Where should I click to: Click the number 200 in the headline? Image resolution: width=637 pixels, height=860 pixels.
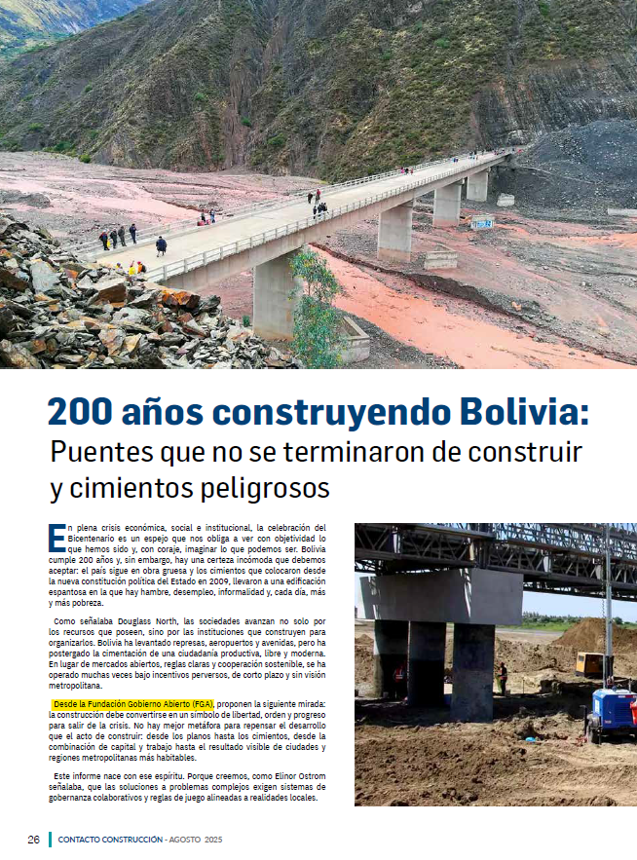click(x=86, y=413)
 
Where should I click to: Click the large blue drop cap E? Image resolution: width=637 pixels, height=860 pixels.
click(x=56, y=536)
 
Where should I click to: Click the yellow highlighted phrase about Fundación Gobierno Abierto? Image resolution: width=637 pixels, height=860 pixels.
click(x=133, y=703)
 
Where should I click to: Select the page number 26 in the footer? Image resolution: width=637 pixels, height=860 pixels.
click(x=33, y=839)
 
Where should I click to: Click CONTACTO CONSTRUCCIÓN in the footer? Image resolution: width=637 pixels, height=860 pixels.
click(x=110, y=839)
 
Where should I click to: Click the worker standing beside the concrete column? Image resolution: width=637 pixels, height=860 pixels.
click(x=503, y=677)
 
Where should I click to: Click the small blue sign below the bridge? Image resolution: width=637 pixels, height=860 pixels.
click(x=482, y=223)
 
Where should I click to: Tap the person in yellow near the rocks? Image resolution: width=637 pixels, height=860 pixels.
click(x=136, y=269)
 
